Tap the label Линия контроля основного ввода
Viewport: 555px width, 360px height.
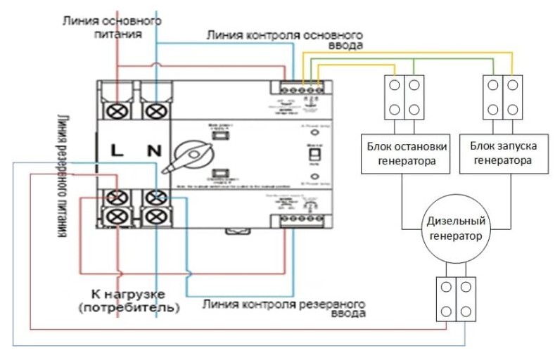coord(284,39)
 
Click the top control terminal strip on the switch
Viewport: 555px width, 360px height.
coord(302,89)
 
